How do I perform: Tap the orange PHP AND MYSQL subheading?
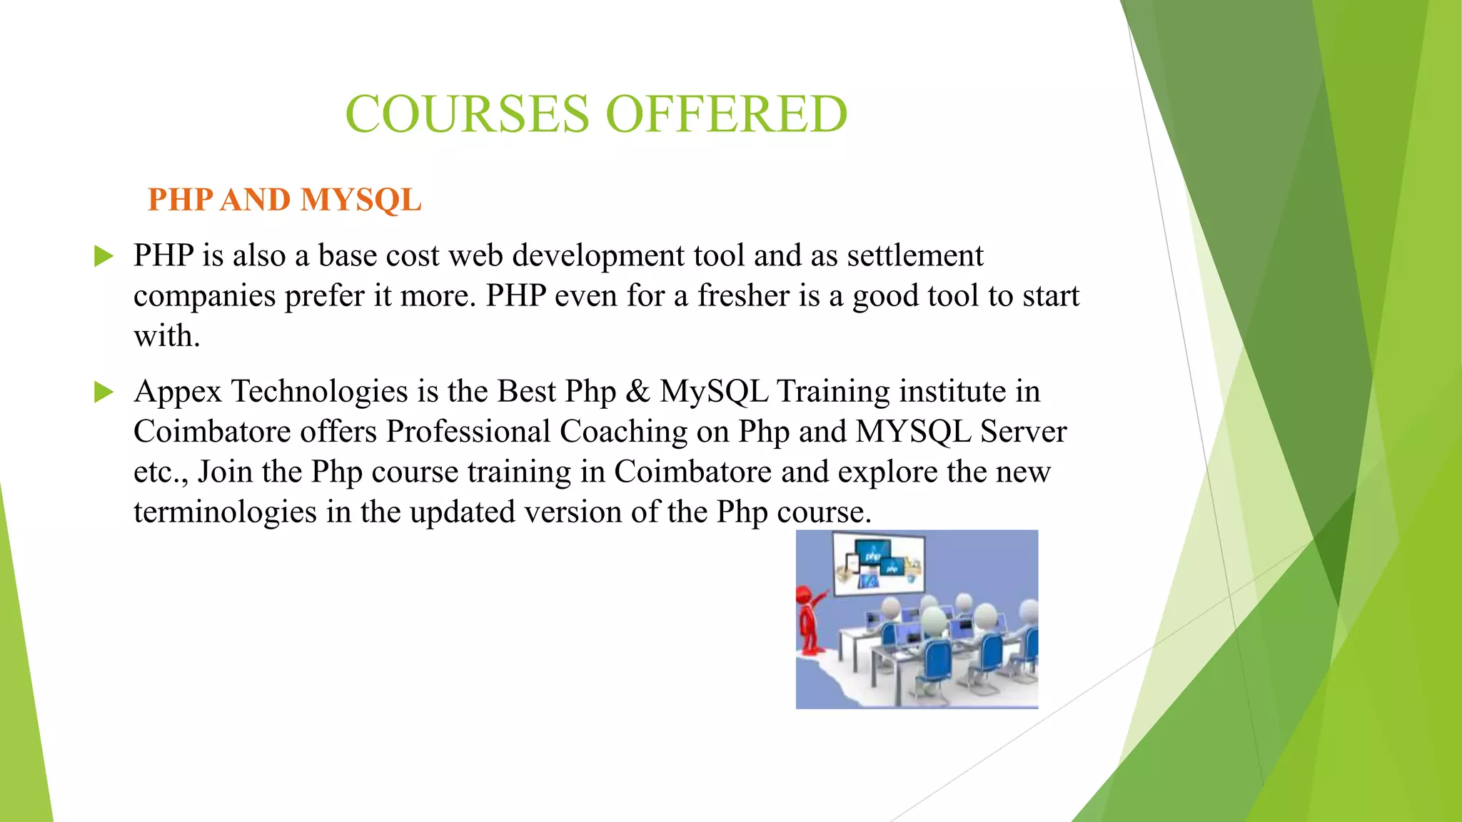point(284,200)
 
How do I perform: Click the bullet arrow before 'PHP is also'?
point(104,255)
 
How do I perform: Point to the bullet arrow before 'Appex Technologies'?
point(104,392)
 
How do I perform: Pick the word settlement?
point(914,255)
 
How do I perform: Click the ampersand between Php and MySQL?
point(637,392)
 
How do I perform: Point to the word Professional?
point(468,432)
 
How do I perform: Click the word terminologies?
point(225,512)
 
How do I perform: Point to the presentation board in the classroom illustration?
point(878,564)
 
